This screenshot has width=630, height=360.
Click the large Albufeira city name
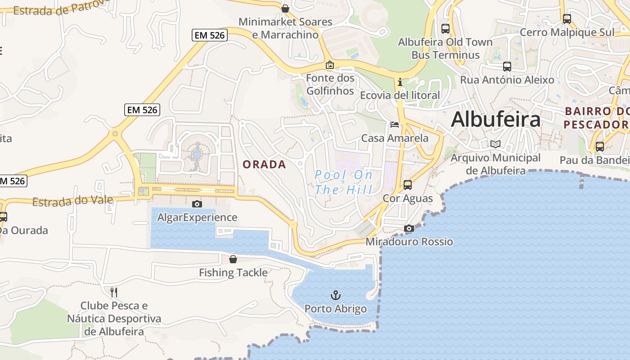pos(495,120)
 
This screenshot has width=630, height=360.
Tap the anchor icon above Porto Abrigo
pos(335,296)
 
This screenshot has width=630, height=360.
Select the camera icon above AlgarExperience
pos(197,204)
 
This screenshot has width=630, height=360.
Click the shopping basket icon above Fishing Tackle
pos(233,259)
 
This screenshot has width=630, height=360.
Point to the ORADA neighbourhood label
pos(264,165)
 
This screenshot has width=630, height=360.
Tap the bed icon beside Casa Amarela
pos(395,125)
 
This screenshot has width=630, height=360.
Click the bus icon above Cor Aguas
pos(408,185)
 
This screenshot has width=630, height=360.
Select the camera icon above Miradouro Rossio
pos(409,229)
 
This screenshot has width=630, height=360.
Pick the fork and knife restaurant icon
pos(114,292)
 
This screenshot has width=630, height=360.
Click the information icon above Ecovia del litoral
pos(400,82)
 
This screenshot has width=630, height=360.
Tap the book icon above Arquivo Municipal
pos(495,144)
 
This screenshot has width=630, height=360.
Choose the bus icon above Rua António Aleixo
pos(507,67)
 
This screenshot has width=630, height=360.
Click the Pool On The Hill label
pos(344,182)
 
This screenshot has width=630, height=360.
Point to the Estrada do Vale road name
pos(72,201)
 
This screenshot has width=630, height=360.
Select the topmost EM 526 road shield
pos(209,35)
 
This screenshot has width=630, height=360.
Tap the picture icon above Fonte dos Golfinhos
pos(330,65)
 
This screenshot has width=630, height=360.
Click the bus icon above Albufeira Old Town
pos(445,29)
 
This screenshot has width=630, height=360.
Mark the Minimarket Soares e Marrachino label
pos(285,28)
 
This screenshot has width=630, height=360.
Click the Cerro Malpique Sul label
pos(567,32)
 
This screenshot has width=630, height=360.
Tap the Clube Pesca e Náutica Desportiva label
pos(114,319)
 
